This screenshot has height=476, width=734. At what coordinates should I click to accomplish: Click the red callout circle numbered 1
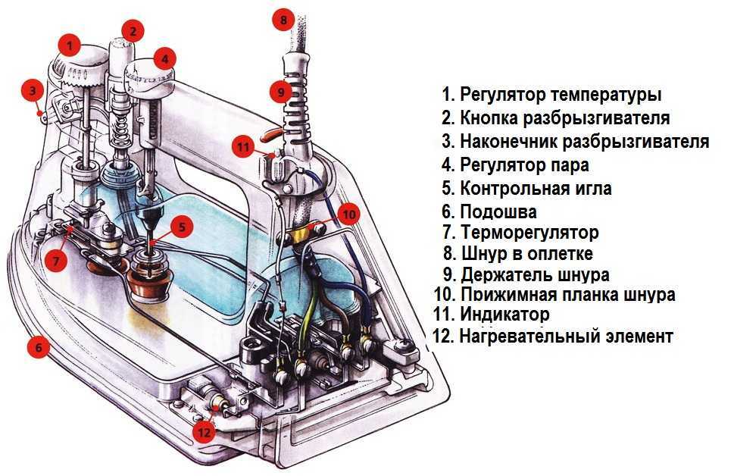tap(70, 45)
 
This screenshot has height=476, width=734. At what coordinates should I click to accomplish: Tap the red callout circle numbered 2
tap(133, 31)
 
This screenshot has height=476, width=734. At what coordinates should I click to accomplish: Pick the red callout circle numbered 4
tap(164, 58)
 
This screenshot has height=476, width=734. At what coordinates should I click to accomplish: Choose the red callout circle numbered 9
tap(280, 92)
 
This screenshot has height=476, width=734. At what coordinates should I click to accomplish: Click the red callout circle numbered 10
tap(348, 214)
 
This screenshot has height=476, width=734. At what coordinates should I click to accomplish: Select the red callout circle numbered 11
tap(242, 147)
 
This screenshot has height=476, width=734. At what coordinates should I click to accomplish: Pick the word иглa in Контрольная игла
tap(591, 189)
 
